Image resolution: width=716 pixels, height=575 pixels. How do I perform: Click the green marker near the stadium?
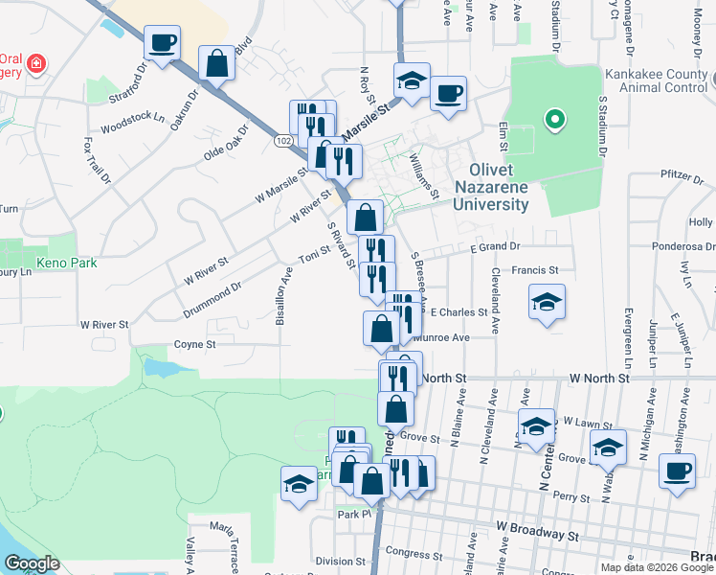[x=553, y=121]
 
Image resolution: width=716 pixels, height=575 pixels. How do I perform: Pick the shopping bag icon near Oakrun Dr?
[x=217, y=63]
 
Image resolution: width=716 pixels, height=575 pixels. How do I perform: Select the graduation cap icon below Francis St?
[x=548, y=303]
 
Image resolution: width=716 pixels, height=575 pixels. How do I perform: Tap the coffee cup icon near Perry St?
[x=677, y=471]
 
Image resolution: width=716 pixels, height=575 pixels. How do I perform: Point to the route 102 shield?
[x=282, y=141]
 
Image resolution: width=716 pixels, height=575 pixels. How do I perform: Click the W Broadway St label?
[x=538, y=527]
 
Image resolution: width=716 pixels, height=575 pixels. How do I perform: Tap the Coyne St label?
[x=195, y=344]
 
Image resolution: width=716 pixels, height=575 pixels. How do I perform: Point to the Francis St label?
[x=534, y=271]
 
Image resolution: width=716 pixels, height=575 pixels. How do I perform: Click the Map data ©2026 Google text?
[x=656, y=567]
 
